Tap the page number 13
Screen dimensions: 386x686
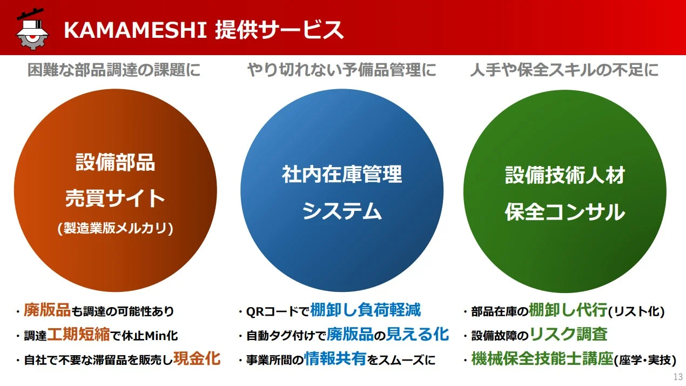click(678, 377)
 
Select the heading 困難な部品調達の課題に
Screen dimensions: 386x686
click(114, 70)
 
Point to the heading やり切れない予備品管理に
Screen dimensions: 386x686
click(341, 70)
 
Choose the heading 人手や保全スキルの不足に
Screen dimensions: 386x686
click(564, 70)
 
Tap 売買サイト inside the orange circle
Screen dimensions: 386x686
click(115, 198)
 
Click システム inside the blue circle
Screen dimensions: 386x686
click(341, 211)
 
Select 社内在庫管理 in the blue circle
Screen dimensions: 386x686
click(341, 175)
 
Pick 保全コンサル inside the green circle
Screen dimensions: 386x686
click(564, 212)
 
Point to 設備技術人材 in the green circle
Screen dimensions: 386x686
click(564, 175)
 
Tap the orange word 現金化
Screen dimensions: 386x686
click(197, 358)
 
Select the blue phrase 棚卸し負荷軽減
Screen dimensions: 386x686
click(365, 310)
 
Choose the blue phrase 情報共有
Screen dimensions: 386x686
click(335, 358)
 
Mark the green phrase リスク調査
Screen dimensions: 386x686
click(568, 335)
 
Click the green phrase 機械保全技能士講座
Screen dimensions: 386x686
click(542, 358)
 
